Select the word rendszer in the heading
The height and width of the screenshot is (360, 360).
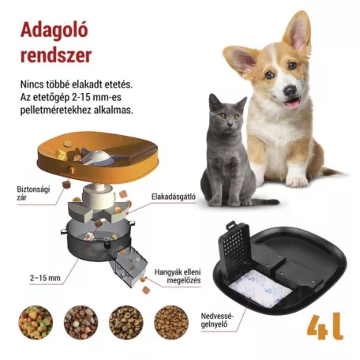coord(54,55)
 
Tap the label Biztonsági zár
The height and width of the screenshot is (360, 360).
coord(34,194)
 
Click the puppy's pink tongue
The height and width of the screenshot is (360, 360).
coord(292,102)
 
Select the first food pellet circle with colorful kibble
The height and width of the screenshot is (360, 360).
coord(35,322)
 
